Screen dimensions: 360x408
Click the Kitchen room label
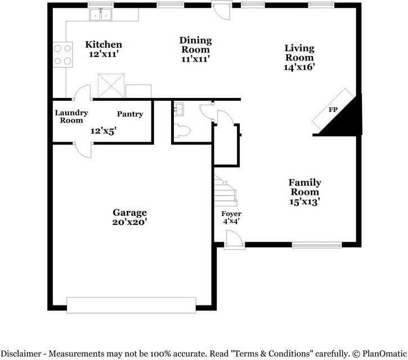pyautogui.click(x=103, y=44)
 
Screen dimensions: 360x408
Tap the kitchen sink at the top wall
pyautogui.click(x=101, y=15)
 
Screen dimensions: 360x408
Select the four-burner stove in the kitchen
pyautogui.click(x=62, y=55)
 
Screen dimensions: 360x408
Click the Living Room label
pyautogui.click(x=299, y=52)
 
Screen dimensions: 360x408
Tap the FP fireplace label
pyautogui.click(x=333, y=110)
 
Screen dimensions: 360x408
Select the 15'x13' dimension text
pyautogui.click(x=305, y=201)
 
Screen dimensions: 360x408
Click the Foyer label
pyautogui.click(x=231, y=214)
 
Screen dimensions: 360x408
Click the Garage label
pyautogui.click(x=129, y=212)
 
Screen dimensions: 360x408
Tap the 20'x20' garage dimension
pyautogui.click(x=129, y=222)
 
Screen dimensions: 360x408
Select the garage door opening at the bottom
pyautogui.click(x=131, y=305)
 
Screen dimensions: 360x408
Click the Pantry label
pyautogui.click(x=130, y=114)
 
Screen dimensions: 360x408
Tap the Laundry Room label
pyautogui.click(x=69, y=116)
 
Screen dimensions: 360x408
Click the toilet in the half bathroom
pyautogui.click(x=183, y=131)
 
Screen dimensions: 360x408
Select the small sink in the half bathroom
pyautogui.click(x=180, y=109)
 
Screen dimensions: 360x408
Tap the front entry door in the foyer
pyautogui.click(x=234, y=242)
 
